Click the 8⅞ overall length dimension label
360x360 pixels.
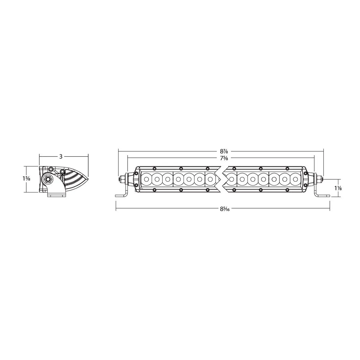[x=224, y=151]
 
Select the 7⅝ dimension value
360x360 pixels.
[x=224, y=158]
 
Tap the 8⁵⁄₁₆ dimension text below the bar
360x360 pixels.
[x=224, y=209]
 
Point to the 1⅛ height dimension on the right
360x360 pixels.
[x=338, y=188]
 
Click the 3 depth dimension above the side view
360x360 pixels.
[x=61, y=156]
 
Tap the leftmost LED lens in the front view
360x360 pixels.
[x=146, y=179]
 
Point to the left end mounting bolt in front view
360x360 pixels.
[x=122, y=179]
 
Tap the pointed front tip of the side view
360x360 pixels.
[x=88, y=178]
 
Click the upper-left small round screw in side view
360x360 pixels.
[x=51, y=169]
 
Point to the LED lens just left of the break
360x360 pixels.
[x=210, y=179]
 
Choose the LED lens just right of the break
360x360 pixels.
[x=232, y=179]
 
